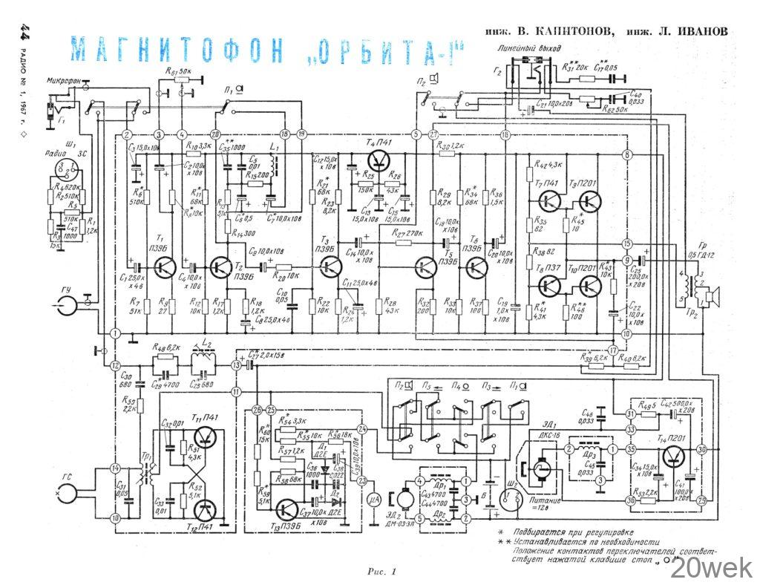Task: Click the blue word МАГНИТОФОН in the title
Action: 178,51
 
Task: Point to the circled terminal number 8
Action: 627,154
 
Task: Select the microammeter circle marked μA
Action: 375,500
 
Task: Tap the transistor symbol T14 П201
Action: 675,458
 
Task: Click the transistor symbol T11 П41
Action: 203,438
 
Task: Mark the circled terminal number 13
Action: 235,365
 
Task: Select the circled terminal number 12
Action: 115,365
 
